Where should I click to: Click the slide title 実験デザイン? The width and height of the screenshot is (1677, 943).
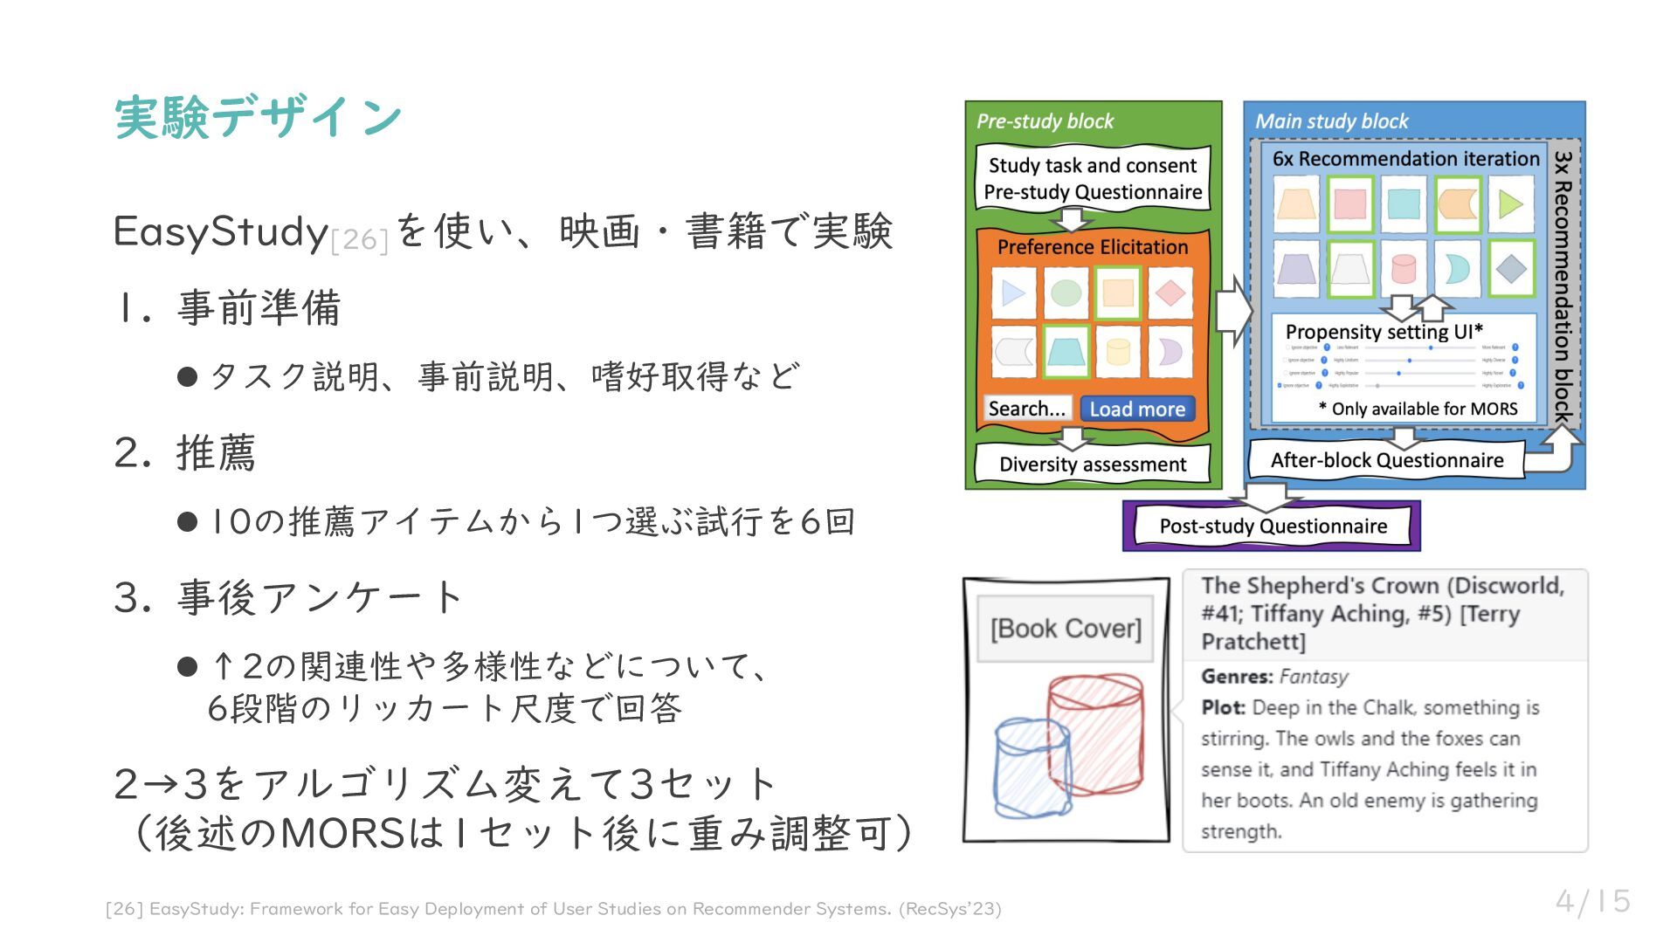pos(258,117)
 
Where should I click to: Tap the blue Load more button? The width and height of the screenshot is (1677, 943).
pos(1136,409)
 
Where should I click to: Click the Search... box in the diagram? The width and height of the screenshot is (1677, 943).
pos(1026,409)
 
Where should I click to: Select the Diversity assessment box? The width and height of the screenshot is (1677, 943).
pos(1092,465)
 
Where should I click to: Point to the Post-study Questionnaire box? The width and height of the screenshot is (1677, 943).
pos(1273,527)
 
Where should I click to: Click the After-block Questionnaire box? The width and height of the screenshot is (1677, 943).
pos(1386,460)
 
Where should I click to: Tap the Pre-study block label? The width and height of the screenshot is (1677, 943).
pos(1045,121)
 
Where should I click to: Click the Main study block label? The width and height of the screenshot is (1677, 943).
pos(1331,121)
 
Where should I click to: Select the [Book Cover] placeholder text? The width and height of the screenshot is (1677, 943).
pos(1066,629)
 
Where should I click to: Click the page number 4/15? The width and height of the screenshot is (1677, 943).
pos(1592,901)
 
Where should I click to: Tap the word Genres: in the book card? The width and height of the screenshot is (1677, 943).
pos(1237,677)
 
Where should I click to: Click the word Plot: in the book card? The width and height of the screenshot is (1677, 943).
pos(1223,707)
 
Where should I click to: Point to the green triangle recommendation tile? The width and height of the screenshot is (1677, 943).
pos(1510,204)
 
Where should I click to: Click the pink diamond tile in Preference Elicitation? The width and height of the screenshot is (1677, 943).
pos(1170,293)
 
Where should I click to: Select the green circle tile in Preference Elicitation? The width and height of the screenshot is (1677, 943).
pos(1066,293)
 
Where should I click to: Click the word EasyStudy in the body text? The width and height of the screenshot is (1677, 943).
pos(220,231)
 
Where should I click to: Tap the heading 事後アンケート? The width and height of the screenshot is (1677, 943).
pos(319,598)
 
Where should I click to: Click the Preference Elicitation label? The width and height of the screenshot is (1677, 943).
pos(1092,247)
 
